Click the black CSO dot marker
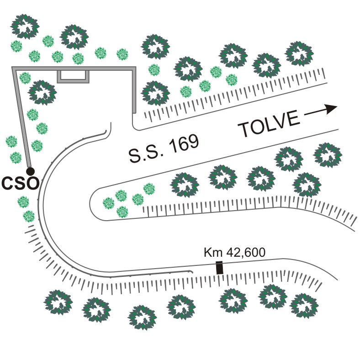point(30,171)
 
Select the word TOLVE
point(270,125)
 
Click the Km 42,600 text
point(234,252)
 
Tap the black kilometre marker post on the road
point(219,268)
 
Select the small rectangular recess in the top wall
point(73,76)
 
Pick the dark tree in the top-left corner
point(24,26)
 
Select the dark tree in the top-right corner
point(300,53)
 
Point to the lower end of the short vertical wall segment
point(134,111)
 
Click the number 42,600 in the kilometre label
point(243,252)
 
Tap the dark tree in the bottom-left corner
point(58,302)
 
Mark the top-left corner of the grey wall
point(13,68)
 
